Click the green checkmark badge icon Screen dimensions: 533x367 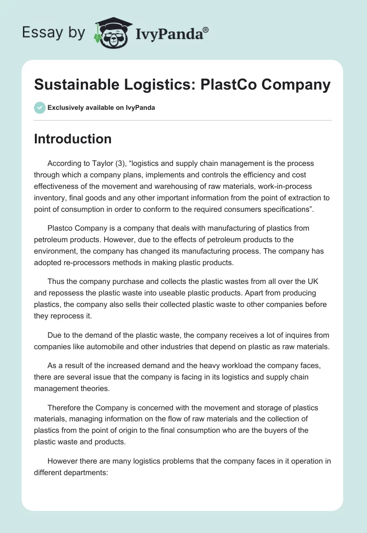39,108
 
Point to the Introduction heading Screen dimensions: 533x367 72,139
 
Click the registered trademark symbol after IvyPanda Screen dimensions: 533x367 206,29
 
